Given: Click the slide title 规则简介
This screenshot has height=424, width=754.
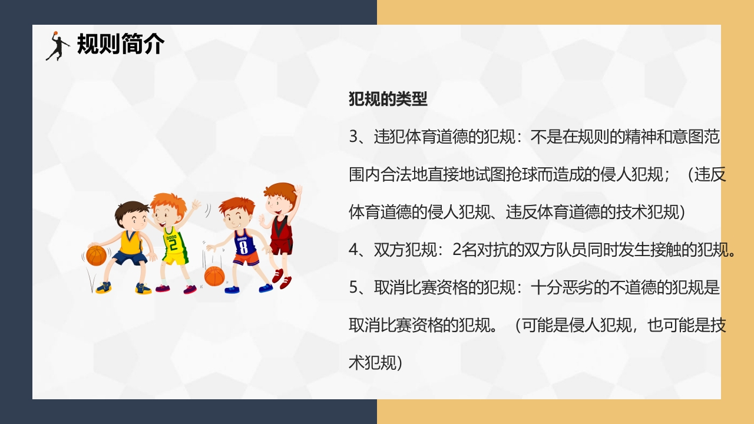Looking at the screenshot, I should [x=121, y=44].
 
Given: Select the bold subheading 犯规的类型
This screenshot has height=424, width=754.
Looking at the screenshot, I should [x=388, y=99].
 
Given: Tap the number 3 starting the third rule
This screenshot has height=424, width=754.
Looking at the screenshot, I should [x=353, y=137].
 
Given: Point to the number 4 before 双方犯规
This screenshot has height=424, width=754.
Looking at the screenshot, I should [x=353, y=250].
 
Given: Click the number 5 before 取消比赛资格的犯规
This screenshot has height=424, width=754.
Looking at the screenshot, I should [x=353, y=288].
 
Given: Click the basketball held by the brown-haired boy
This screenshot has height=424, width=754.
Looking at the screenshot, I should [x=96, y=255].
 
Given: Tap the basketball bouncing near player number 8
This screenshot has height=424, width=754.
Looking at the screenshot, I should [x=214, y=276].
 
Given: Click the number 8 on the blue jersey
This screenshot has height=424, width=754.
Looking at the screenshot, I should [x=243, y=246].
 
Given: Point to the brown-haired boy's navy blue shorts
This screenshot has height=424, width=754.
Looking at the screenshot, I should [x=129, y=258].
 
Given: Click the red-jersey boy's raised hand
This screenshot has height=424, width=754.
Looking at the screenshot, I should [x=298, y=194].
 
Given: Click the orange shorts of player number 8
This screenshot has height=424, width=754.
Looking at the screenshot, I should [x=246, y=260].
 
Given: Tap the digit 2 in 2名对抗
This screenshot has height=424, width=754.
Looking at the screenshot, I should [x=458, y=250].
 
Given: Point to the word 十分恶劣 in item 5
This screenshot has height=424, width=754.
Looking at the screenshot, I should [x=555, y=288].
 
